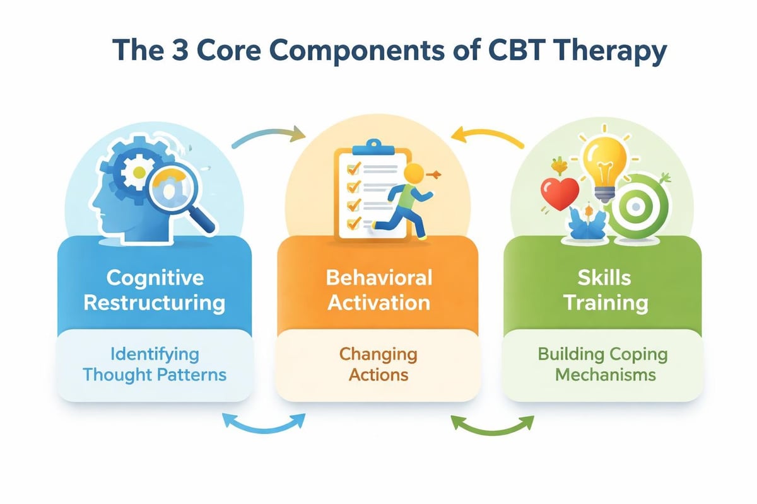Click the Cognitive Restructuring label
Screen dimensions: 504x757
coord(154,290)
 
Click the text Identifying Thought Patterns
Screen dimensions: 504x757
coord(154,364)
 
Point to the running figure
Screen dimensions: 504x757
coord(400,202)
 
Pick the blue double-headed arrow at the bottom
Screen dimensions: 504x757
coord(265,423)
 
